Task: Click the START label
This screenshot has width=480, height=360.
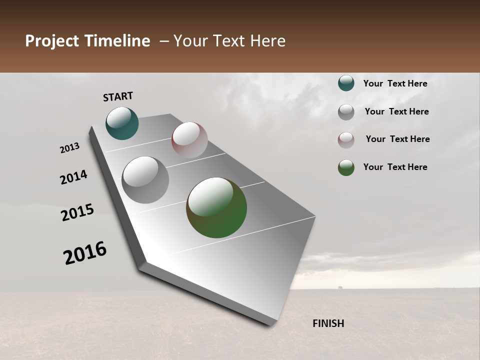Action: (118, 96)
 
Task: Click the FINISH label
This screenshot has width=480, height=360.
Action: (328, 323)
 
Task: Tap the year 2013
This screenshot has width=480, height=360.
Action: (69, 148)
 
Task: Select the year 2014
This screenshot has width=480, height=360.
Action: (73, 177)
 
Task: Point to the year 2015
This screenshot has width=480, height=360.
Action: (77, 212)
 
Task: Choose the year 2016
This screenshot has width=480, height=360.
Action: (85, 253)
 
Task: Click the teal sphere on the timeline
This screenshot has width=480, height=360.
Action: (122, 123)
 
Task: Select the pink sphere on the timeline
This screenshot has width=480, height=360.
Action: (189, 140)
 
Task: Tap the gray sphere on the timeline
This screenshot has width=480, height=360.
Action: (145, 180)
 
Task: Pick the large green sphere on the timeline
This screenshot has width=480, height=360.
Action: (216, 207)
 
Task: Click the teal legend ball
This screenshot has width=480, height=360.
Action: (346, 83)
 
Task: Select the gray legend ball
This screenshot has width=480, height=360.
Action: (346, 112)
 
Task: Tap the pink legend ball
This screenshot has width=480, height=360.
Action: (346, 140)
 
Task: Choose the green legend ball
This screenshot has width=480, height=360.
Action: (346, 167)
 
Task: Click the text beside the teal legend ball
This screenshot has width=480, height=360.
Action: (395, 83)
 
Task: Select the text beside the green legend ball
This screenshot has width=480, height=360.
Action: (395, 167)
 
